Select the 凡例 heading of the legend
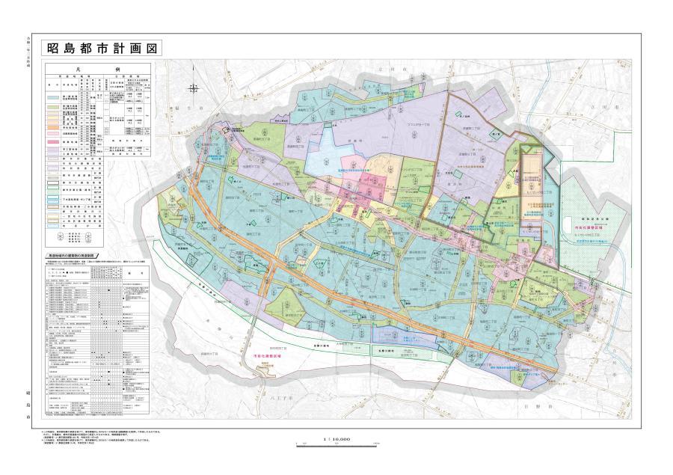pyautogui.click(x=98, y=67)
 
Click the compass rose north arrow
pyautogui.click(x=193, y=88)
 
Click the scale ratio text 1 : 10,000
pyautogui.click(x=337, y=439)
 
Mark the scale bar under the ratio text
pyautogui.click(x=337, y=445)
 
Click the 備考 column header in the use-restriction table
pyautogui.click(x=140, y=272)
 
